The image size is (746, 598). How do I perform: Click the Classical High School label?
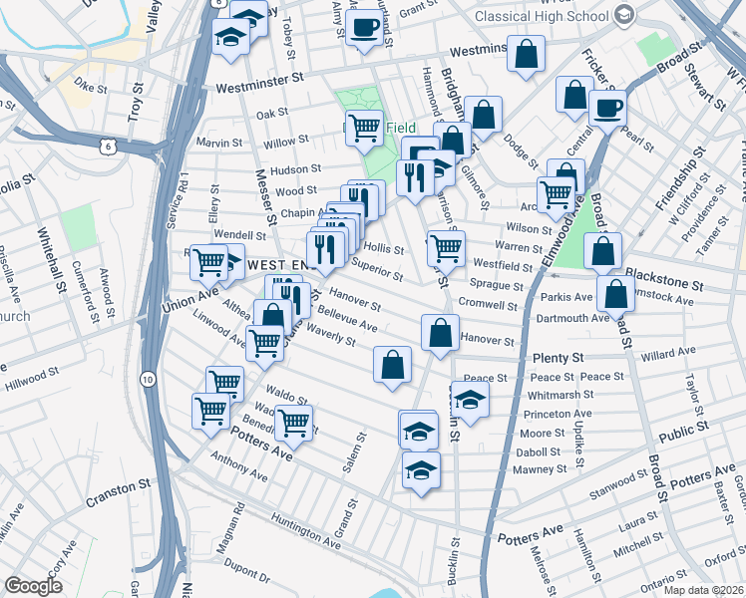coord(542,16)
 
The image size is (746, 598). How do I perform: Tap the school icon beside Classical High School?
coord(624,14)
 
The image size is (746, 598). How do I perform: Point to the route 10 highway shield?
coord(147,378)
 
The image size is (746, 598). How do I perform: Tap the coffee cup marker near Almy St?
coord(364,27)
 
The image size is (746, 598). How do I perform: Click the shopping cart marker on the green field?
coord(365,127)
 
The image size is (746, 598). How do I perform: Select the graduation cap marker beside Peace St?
coord(469,401)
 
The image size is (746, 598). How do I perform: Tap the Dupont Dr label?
coord(244,576)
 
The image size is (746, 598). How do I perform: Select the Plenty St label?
coord(557,357)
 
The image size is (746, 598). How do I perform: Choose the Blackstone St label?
coord(663,278)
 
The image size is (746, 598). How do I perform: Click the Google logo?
coord(34,586)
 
